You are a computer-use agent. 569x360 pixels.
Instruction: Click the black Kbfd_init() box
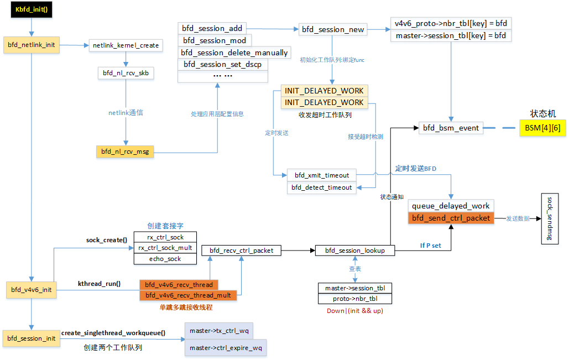click(x=31, y=10)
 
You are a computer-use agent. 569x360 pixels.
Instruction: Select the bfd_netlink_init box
click(x=31, y=45)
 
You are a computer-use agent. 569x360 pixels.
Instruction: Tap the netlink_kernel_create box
click(x=126, y=45)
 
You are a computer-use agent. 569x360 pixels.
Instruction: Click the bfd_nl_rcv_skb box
click(x=126, y=72)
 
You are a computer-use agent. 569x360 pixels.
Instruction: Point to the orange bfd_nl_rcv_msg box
click(x=125, y=151)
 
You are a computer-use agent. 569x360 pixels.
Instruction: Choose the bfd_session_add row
click(x=212, y=28)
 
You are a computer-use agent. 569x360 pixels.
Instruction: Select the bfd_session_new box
click(x=332, y=29)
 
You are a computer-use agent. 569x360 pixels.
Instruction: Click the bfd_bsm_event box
click(x=451, y=128)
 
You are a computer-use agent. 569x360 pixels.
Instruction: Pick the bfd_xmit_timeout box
click(x=322, y=175)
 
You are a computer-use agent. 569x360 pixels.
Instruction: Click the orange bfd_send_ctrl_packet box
click(x=451, y=218)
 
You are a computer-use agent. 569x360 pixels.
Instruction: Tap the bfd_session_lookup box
click(x=354, y=251)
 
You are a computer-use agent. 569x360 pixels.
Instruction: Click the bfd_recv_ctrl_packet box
click(x=241, y=251)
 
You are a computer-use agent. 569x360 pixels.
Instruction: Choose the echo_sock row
click(x=166, y=258)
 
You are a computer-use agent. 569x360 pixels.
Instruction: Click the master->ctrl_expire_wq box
click(x=226, y=348)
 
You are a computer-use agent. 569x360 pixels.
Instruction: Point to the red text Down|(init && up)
click(x=354, y=311)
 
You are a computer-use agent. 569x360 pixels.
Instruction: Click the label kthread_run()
click(x=100, y=283)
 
